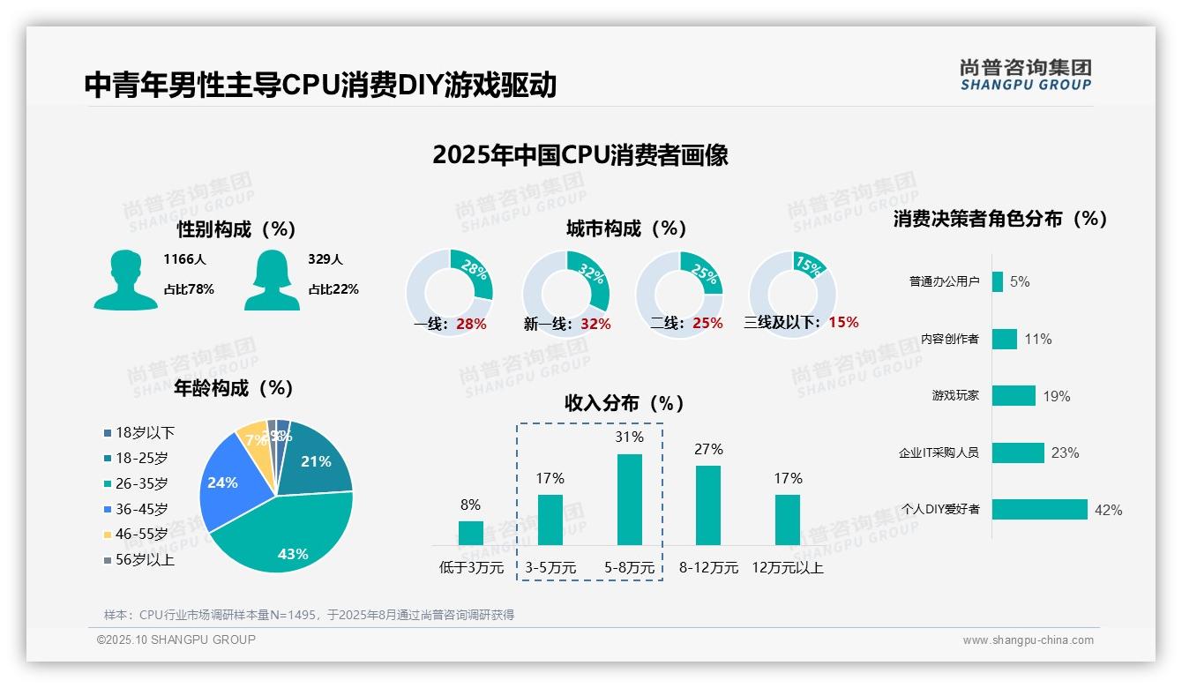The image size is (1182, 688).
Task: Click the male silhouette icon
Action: point(125,280)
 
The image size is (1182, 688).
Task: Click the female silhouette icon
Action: point(271,280)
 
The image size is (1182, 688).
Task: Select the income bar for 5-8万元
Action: point(629,499)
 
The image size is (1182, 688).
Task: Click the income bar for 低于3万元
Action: point(470,533)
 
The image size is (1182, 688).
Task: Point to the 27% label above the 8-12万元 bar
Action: point(708,449)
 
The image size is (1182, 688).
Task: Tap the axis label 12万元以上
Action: point(787,568)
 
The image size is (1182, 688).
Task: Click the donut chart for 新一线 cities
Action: point(565,293)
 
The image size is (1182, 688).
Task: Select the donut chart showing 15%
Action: point(791,293)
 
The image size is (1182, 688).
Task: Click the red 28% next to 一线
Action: point(471,324)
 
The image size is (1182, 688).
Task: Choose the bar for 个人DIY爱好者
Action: point(1039,509)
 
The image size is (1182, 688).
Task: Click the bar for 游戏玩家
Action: point(1013,395)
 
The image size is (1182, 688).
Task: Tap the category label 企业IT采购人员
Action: point(939,452)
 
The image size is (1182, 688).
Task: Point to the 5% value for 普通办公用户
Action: point(1020,281)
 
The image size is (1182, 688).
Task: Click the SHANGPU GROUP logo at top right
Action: point(1025,75)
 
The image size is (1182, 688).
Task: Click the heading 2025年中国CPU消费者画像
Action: point(580,155)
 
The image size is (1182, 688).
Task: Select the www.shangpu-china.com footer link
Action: point(1028,640)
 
